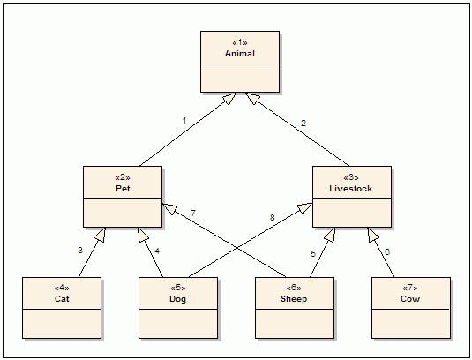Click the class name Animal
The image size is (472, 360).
tap(240, 54)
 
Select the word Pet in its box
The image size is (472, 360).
tap(123, 189)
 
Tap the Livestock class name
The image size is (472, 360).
tap(350, 189)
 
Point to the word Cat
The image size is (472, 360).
tap(62, 298)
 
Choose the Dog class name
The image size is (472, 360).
tap(178, 299)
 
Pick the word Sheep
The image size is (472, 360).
tap(294, 299)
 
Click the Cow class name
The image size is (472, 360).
tap(410, 298)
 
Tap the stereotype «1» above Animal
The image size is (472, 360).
tap(240, 42)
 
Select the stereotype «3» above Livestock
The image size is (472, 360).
tap(351, 177)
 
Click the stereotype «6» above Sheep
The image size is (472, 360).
tap(294, 288)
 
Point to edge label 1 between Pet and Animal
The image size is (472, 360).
tap(184, 121)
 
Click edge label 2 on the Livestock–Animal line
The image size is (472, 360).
tap(303, 124)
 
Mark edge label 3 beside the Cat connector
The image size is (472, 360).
tap(80, 250)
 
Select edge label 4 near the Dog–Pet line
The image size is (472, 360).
tap(157, 251)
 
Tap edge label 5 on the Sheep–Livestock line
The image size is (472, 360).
tap(313, 254)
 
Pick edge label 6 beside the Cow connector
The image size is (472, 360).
tap(387, 252)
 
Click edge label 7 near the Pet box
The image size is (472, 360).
tap(193, 214)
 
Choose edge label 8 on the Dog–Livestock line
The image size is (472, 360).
tap(272, 217)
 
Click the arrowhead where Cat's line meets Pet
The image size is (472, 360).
tap(101, 234)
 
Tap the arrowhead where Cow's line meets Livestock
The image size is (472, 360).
tap(372, 234)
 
